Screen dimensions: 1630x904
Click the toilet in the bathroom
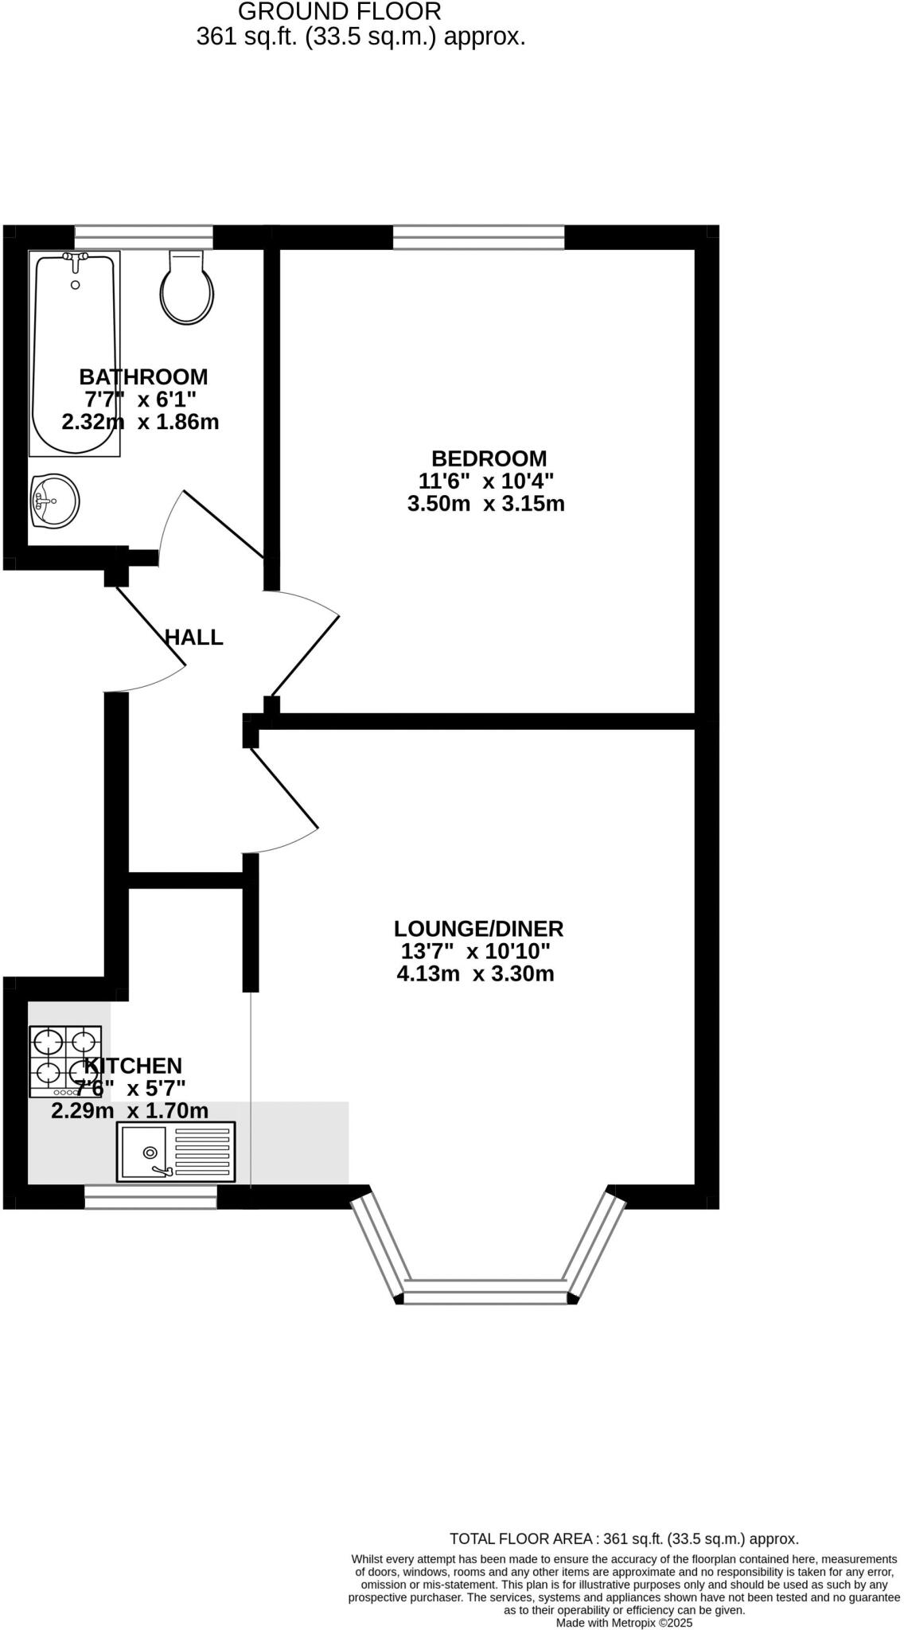point(188,290)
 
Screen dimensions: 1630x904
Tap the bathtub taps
point(76,257)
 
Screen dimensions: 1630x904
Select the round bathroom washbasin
point(55,501)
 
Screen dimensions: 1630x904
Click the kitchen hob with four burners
point(65,1062)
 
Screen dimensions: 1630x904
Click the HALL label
point(193,638)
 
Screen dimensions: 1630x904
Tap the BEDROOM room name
point(489,458)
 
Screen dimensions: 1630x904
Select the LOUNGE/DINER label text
point(478,929)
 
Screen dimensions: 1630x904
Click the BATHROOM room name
point(143,376)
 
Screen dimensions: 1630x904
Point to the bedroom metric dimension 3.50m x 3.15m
point(485,504)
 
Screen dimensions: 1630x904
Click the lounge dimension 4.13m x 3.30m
point(475,973)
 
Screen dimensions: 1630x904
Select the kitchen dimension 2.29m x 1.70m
point(130,1110)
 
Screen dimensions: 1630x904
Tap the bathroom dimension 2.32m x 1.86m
point(140,422)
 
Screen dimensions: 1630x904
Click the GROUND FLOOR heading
point(339,12)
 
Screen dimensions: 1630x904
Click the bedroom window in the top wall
point(478,237)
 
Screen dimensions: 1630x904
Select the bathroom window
point(143,237)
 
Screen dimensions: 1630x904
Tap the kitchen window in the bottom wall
point(150,1197)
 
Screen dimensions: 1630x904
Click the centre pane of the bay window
point(485,1291)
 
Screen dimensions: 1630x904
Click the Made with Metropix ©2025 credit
point(624,1623)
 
